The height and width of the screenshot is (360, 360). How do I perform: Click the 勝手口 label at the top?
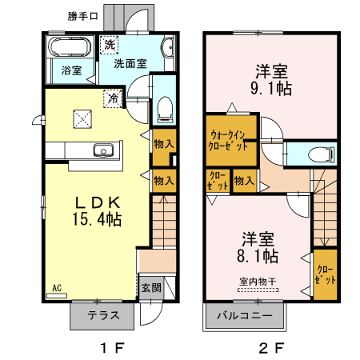[84, 14]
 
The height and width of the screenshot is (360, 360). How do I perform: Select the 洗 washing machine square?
[109, 45]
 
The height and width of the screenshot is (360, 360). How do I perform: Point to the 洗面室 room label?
[128, 63]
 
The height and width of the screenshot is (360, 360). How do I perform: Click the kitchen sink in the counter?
[102, 150]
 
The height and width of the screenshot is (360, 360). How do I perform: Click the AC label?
[57, 287]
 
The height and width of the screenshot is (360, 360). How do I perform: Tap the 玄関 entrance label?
[150, 287]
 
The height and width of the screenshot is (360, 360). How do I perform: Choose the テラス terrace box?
[104, 316]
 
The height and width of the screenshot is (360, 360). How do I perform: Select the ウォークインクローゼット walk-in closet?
[230, 142]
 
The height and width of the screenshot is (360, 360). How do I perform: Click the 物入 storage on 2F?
[244, 182]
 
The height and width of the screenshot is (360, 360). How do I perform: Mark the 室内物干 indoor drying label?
[257, 281]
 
